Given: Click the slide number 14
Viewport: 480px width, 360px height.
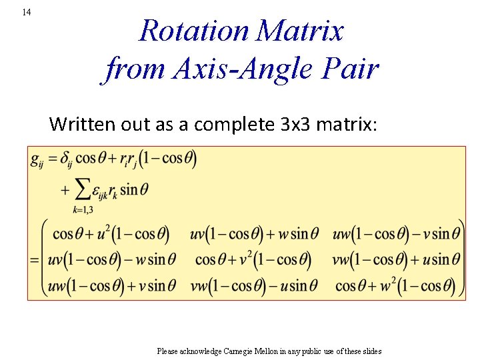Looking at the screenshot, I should click(26, 12).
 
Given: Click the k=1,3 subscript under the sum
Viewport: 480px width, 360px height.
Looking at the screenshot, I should click(83, 209).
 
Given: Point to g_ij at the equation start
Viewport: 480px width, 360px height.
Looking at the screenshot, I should click(37, 159).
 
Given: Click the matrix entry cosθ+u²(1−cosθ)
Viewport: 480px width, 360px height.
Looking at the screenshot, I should click(111, 234).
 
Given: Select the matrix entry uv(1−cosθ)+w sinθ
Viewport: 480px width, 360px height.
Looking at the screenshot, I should click(254, 234).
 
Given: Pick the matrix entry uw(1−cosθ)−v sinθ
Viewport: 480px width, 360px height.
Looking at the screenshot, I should click(396, 234).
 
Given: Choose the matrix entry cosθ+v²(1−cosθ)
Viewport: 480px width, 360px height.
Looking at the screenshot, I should click(253, 259).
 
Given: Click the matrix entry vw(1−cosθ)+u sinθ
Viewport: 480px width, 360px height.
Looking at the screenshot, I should click(396, 259).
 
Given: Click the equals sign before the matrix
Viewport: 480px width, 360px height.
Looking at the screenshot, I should click(35, 260).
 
